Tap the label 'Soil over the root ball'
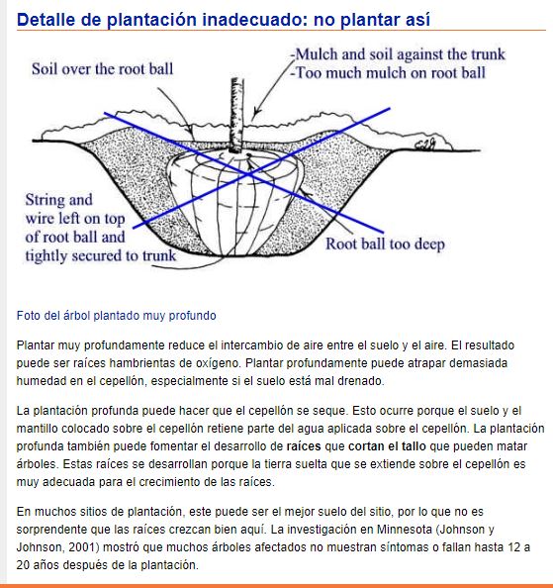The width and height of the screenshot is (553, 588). pos(102,69)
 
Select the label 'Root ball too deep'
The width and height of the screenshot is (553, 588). pos(385,245)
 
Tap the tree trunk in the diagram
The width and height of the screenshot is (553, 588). pos(236,115)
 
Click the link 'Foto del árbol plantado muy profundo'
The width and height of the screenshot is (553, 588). pos(116,316)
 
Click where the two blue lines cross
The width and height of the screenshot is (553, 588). pos(247,174)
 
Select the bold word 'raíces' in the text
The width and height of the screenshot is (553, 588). pos(304,446)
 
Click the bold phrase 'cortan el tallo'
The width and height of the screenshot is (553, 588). pos(387,446)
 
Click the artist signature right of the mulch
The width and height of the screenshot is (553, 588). pos(425,144)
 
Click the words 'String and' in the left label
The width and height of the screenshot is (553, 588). pos(58,200)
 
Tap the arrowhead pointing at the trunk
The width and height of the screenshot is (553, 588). pos(256,112)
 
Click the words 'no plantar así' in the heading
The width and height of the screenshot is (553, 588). pos(372,20)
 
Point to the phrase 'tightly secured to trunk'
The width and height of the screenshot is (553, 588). pos(100,255)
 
